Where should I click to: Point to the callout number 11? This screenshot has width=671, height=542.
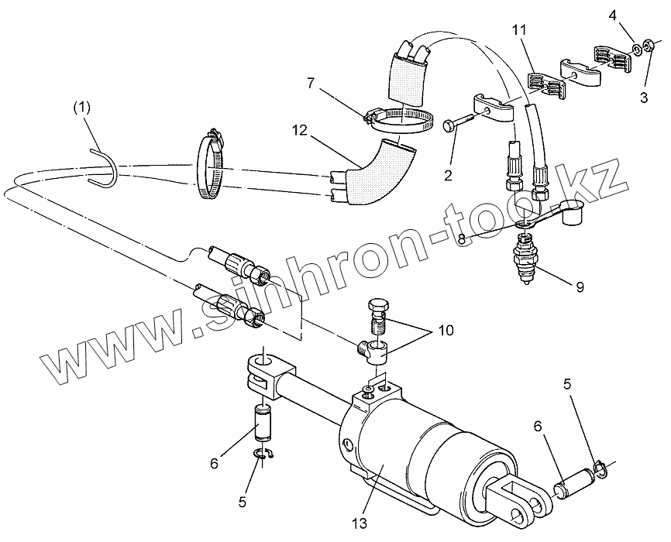click(x=520, y=31)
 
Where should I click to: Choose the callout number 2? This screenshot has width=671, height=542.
click(x=448, y=175)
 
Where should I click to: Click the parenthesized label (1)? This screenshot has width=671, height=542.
click(x=82, y=108)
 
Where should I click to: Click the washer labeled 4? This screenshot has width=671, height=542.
click(x=637, y=50)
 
